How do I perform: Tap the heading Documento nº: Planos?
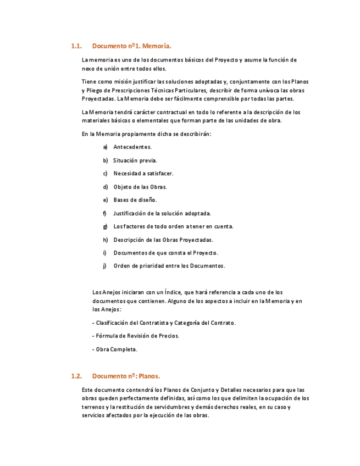click(x=126, y=376)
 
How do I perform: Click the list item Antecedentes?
click(x=132, y=147)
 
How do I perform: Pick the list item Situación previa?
click(x=135, y=160)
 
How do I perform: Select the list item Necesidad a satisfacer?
click(x=143, y=174)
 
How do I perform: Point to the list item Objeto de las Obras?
click(x=140, y=187)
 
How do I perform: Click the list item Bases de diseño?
click(x=135, y=200)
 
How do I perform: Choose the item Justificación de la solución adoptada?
click(x=162, y=213)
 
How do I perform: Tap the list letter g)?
click(x=104, y=226)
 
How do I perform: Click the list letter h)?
click(x=105, y=240)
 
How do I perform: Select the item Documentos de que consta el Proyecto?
click(x=165, y=253)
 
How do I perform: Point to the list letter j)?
click(x=104, y=266)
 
